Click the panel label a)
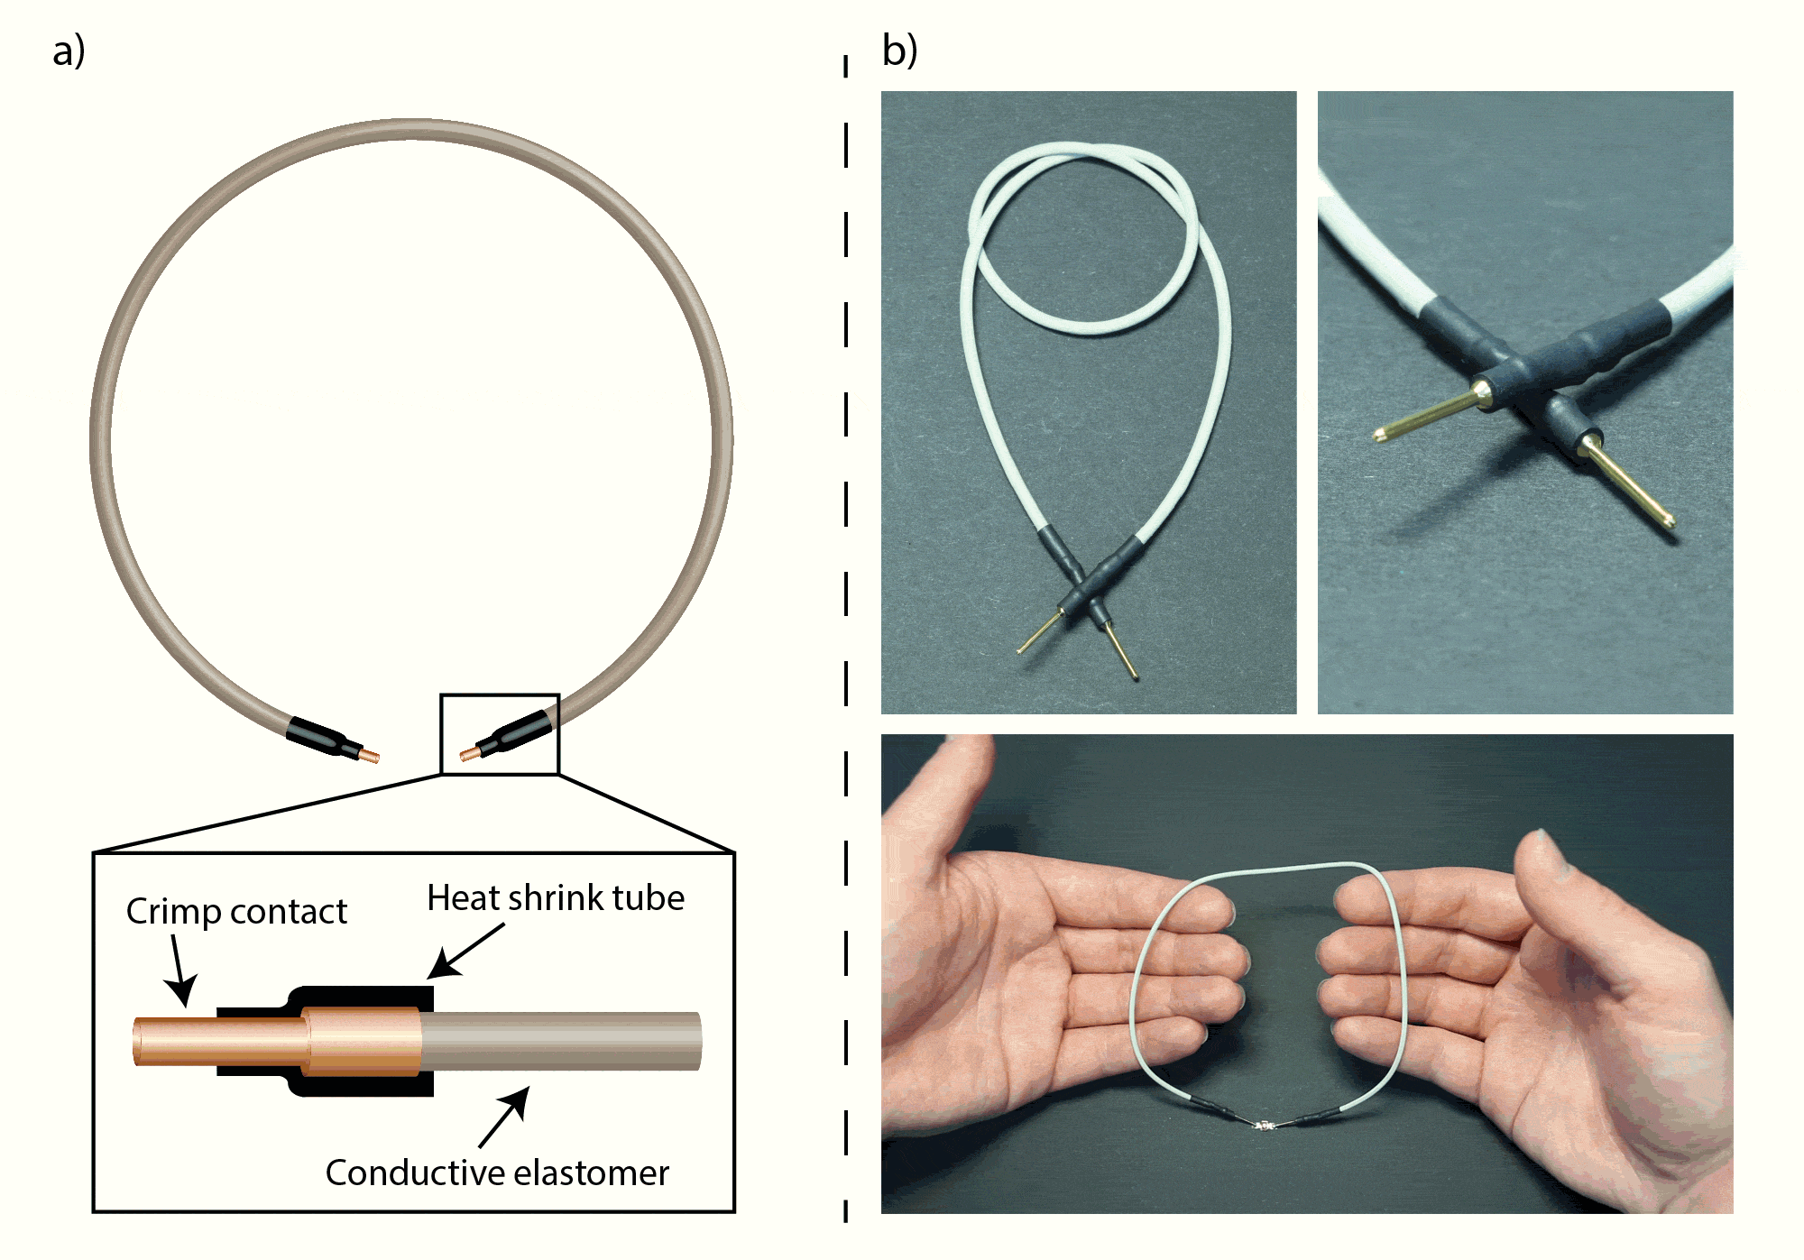pos(69,51)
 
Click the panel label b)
pos(899,51)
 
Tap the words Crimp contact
pos(236,911)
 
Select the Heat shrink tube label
pos(556,897)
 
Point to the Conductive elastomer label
pos(497,1173)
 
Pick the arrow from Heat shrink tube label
pos(465,951)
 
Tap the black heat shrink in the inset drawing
pos(361,998)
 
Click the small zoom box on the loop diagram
pos(500,734)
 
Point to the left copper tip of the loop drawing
pos(369,755)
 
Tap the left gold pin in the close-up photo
pos(1425,414)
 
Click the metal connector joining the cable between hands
pos(1265,1125)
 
